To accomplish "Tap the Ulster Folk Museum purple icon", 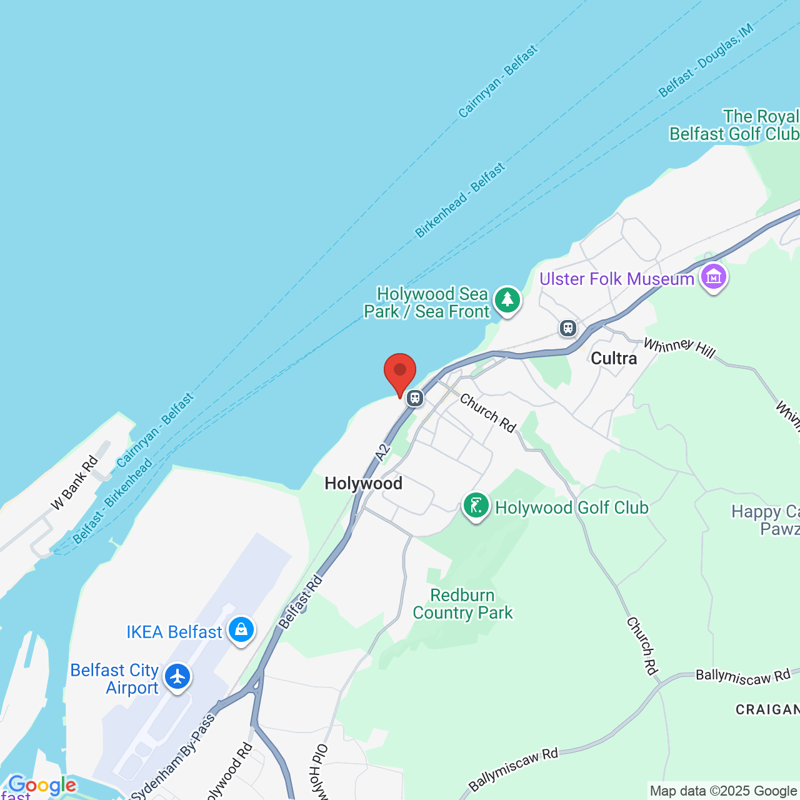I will [x=714, y=277].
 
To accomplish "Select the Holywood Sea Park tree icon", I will [x=507, y=301].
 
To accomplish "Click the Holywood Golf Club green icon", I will [x=476, y=506].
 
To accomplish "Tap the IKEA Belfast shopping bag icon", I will [x=241, y=630].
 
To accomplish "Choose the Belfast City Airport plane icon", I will [x=178, y=677].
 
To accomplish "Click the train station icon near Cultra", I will [x=567, y=327].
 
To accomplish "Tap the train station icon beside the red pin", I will [x=415, y=398].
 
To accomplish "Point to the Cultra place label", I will [x=614, y=358].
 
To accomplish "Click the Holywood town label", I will [x=363, y=483].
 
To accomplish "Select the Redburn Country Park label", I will [x=462, y=604].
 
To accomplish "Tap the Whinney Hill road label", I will [x=679, y=347].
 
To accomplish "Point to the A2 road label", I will [x=383, y=451].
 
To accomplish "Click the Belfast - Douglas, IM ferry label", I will [x=706, y=61].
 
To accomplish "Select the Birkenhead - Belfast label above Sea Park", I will [x=460, y=200].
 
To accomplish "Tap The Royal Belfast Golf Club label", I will [x=734, y=125].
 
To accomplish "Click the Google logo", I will [x=42, y=785].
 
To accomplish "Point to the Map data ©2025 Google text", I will [x=723, y=791].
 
